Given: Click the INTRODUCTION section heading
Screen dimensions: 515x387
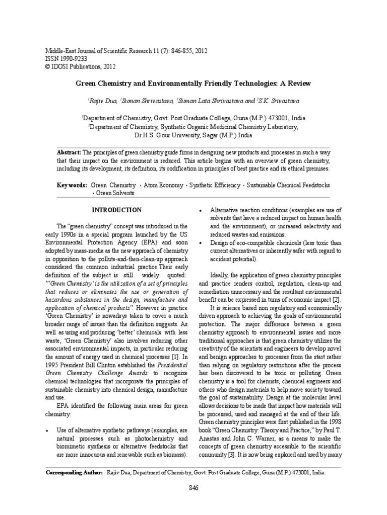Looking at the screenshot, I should pos(116,210).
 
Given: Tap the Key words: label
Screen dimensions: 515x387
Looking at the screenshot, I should pos(72,186).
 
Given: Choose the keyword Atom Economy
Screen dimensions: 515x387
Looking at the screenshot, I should pos(164,186).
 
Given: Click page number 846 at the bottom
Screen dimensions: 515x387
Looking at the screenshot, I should pos(193,488).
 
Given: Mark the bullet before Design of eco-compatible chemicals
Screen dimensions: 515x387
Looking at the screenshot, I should pos(202,243).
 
